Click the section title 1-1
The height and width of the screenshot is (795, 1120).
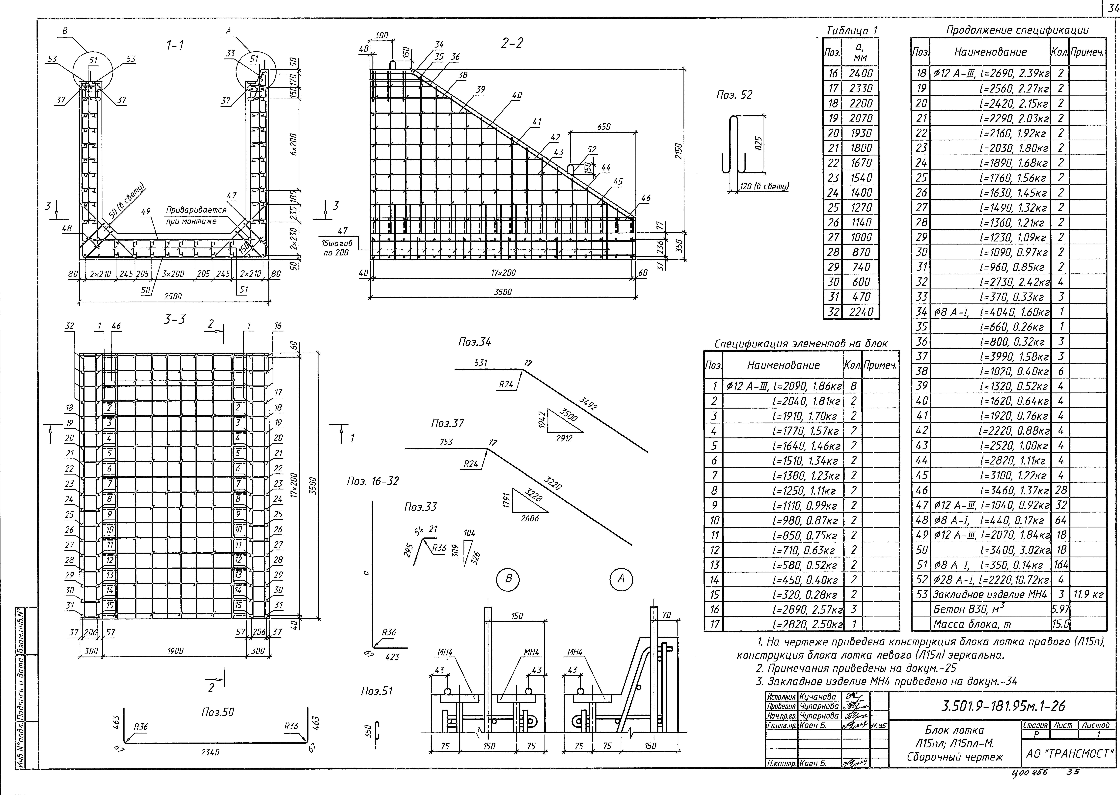pos(175,45)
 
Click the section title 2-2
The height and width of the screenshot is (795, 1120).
pos(512,44)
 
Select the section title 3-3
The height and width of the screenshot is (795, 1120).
pos(175,319)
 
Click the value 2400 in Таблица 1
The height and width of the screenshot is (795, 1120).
pos(861,73)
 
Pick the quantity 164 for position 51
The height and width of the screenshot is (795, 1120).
pos(1060,564)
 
